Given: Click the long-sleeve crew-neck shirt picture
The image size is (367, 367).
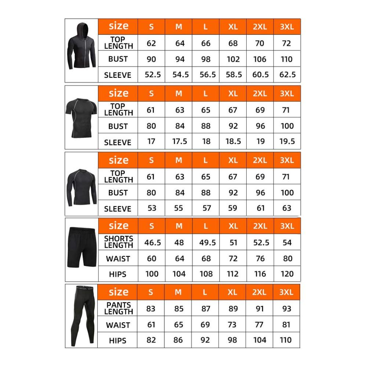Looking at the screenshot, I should (x=81, y=183).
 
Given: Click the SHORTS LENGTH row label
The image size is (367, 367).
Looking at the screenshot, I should (x=119, y=242).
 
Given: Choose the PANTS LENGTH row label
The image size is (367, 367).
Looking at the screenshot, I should (x=119, y=309).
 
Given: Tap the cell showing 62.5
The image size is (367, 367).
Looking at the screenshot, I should (x=287, y=75).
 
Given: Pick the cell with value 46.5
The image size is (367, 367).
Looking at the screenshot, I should (x=152, y=243).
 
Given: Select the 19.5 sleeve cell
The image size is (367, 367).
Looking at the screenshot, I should (x=287, y=142).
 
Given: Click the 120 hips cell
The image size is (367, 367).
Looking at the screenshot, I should (x=287, y=274).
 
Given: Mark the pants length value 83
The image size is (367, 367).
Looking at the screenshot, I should (x=151, y=309).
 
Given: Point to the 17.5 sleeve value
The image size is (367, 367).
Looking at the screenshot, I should (x=179, y=142).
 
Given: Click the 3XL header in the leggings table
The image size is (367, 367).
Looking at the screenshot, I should (x=287, y=292).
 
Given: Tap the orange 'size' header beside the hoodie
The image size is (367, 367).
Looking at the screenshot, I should (x=118, y=26).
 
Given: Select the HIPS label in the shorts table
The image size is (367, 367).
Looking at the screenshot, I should (x=118, y=274).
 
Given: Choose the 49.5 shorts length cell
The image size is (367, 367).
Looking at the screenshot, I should (x=206, y=243).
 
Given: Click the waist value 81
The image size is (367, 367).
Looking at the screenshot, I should (x=287, y=325).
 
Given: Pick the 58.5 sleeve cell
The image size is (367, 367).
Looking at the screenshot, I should (x=233, y=75).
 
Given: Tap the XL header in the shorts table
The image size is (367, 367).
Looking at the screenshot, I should (x=233, y=226).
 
